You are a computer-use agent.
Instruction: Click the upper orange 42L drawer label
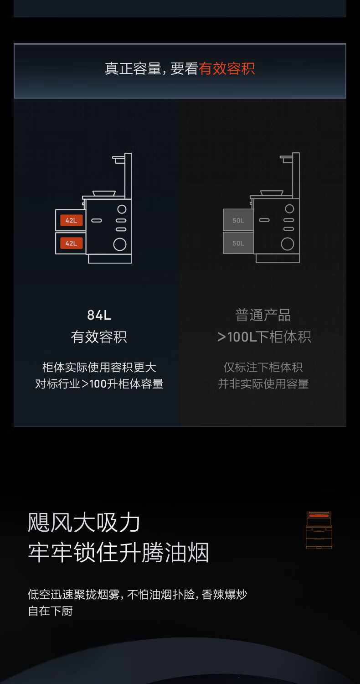pyautogui.click(x=72, y=220)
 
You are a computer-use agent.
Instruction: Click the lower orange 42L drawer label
pyautogui.click(x=72, y=243)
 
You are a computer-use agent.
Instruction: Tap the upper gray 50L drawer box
pyautogui.click(x=238, y=220)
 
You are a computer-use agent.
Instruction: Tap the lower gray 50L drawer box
pyautogui.click(x=238, y=243)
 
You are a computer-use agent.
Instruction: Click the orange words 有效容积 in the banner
pyautogui.click(x=226, y=68)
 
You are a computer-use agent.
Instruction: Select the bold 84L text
pyautogui.click(x=99, y=315)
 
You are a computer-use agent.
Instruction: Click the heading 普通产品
pyautogui.click(x=263, y=315)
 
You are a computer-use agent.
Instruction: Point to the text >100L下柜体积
pyautogui.click(x=264, y=337)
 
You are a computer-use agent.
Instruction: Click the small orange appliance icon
pyautogui.click(x=319, y=530)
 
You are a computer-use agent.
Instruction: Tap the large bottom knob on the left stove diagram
pyautogui.click(x=120, y=244)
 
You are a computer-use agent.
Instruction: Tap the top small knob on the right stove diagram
pyautogui.click(x=289, y=208)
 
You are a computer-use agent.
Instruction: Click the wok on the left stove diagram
pyautogui.click(x=104, y=193)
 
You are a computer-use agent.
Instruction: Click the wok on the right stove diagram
pyautogui.click(x=272, y=193)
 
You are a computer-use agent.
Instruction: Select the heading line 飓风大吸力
pyautogui.click(x=84, y=523)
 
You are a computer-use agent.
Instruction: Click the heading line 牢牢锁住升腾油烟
pyautogui.click(x=118, y=552)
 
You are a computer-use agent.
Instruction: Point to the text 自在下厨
pyautogui.click(x=50, y=611)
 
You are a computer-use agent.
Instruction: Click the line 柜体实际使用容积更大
pyautogui.click(x=99, y=368)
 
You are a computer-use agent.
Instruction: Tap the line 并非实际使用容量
pyautogui.click(x=263, y=384)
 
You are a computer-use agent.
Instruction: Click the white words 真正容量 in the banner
pyautogui.click(x=133, y=68)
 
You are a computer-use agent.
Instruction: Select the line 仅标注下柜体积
pyautogui.click(x=263, y=368)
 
